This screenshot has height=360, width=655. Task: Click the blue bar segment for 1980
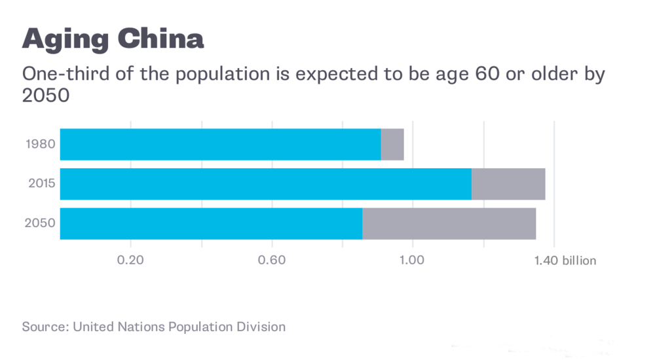(220, 144)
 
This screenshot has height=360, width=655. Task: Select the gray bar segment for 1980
(392, 144)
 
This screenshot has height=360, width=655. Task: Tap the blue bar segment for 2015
(265, 184)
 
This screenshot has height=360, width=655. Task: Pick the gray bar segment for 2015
(508, 184)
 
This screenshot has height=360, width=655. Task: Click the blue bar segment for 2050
(211, 224)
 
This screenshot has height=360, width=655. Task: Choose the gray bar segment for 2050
(449, 224)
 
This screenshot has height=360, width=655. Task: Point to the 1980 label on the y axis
(40, 144)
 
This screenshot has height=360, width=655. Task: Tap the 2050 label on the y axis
(40, 224)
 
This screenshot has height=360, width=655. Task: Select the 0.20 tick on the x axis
(130, 261)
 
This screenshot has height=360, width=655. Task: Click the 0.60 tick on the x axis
(272, 261)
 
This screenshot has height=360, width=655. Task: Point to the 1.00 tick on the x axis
(413, 261)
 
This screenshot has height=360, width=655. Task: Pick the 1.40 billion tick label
(565, 261)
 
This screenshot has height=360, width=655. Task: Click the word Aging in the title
(65, 39)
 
